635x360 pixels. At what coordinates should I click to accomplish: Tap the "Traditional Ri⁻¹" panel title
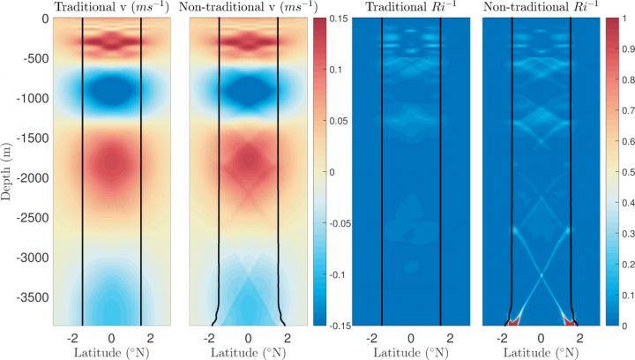click(x=411, y=8)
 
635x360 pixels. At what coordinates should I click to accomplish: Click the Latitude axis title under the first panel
click(x=111, y=352)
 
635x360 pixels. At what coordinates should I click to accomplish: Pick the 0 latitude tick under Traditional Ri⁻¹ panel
click(x=411, y=337)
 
